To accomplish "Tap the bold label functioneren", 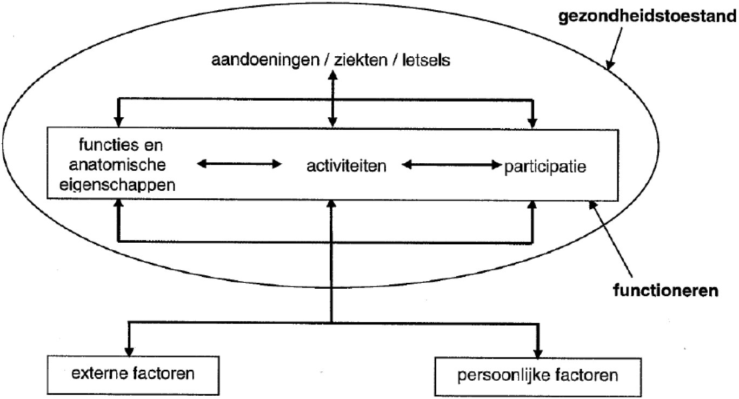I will (664, 291).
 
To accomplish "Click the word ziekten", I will (357, 61).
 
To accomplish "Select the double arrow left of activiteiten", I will (240, 164).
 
